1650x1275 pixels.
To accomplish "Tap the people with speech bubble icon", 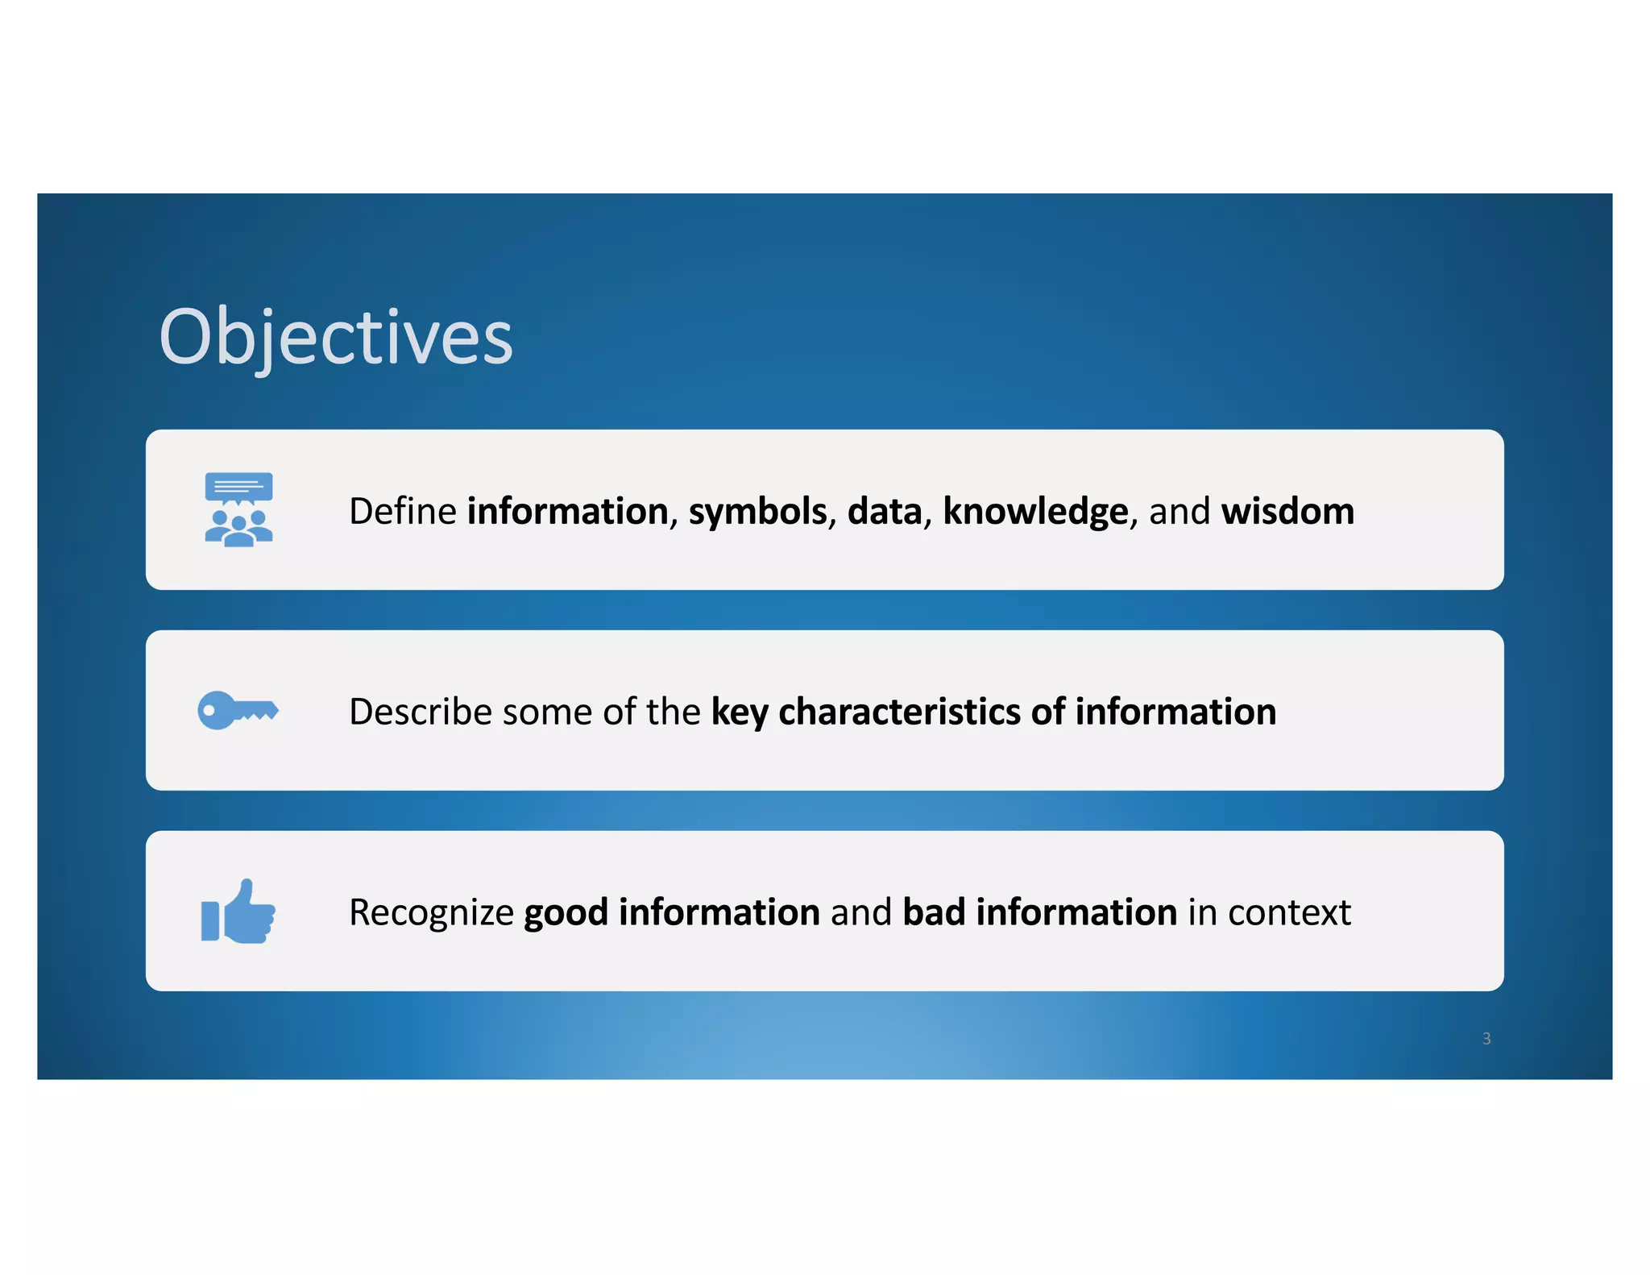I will coord(238,509).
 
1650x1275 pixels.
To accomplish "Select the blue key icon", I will coord(238,710).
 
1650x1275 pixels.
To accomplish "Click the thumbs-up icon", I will coord(238,912).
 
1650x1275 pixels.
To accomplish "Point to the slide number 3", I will coord(1486,1039).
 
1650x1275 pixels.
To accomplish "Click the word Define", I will coord(402,511).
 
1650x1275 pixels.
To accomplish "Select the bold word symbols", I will coord(757,511).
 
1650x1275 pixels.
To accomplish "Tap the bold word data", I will coord(884,511).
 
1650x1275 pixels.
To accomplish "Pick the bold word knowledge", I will coord(1035,511).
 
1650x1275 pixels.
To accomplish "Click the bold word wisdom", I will coord(1287,511).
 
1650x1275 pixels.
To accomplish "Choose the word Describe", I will coord(420,712).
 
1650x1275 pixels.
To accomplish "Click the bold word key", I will coord(740,712).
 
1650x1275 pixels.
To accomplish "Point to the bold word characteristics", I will coord(900,712).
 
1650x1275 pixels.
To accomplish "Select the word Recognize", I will coord(431,912).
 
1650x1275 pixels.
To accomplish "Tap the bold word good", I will coord(566,912).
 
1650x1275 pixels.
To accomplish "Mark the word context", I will coord(1289,912).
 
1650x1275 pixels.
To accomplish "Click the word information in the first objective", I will coord(567,511).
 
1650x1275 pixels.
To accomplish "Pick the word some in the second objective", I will coord(547,712).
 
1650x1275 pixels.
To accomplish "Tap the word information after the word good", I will coord(719,912).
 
